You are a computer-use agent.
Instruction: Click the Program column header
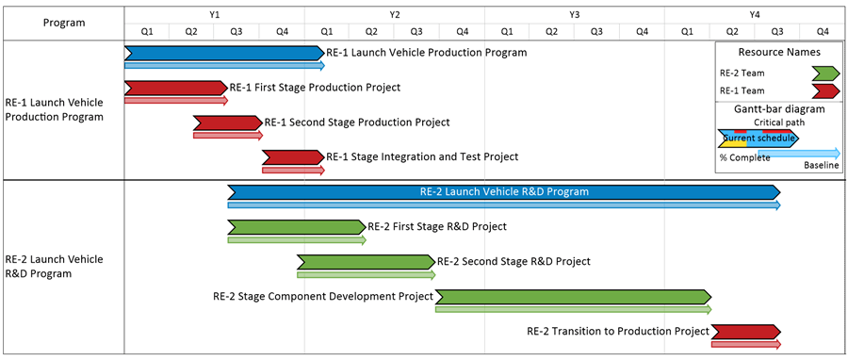(63, 23)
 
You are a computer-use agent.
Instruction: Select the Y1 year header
(214, 15)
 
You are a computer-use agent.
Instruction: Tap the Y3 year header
(574, 15)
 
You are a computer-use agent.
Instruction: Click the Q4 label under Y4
(823, 31)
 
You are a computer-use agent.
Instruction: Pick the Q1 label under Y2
(326, 31)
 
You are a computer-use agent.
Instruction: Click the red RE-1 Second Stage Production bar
(227, 123)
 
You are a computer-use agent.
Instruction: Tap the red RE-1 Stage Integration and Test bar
(292, 157)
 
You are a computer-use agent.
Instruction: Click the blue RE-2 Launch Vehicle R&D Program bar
(504, 192)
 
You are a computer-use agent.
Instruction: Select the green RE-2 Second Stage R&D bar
(366, 262)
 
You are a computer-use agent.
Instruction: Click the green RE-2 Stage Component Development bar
(573, 297)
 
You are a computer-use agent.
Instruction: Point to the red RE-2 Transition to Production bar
(745, 332)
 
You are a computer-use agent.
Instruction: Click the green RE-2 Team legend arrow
(825, 74)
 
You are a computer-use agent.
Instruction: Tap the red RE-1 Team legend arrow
(825, 90)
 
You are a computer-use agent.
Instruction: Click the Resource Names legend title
(778, 53)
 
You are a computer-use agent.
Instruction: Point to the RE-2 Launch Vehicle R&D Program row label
(54, 266)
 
